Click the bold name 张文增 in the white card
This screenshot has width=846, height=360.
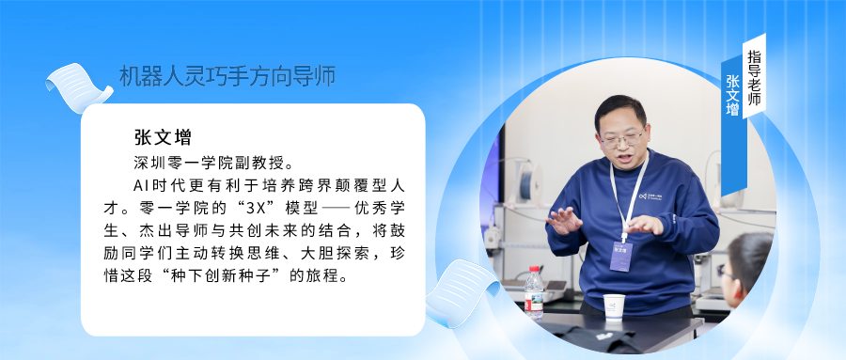click(164, 137)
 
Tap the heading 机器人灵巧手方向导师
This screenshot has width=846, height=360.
click(227, 76)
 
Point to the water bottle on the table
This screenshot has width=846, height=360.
click(534, 290)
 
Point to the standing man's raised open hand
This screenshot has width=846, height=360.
click(566, 222)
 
